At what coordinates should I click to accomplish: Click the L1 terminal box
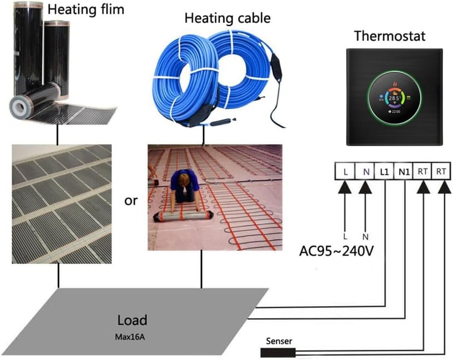384,172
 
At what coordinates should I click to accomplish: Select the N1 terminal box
404,172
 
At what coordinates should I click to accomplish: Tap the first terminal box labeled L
345,172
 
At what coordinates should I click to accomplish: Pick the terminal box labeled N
365,172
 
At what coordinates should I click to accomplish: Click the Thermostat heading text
390,36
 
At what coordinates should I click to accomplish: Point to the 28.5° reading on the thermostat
394,98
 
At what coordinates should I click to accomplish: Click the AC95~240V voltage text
336,251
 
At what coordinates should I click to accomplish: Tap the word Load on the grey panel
133,320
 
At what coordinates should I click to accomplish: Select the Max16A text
130,337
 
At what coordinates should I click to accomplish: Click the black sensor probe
278,353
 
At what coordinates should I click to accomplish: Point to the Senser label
279,341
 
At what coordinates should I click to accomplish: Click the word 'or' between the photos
131,200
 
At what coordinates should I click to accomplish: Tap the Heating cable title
228,18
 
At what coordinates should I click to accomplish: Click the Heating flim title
86,9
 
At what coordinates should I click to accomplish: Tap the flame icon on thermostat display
394,84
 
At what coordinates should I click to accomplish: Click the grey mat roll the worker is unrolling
183,216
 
